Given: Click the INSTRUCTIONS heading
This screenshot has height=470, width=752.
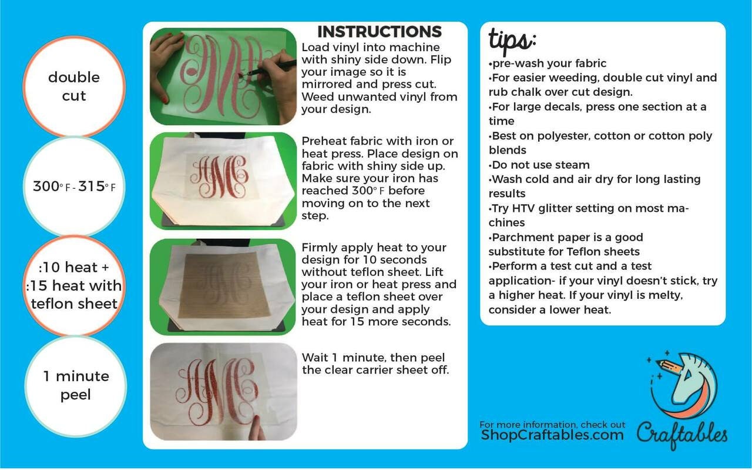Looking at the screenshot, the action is tap(380, 32).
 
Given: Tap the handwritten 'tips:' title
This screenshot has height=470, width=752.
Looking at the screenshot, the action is tap(512, 41).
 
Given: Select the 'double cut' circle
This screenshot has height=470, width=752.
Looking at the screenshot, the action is tap(74, 86).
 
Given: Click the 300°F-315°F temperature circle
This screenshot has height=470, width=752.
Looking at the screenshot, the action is tap(74, 186).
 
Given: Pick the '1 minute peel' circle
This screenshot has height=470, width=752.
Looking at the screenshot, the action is tap(76, 386).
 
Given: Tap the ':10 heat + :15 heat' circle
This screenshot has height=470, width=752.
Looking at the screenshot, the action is tap(74, 286).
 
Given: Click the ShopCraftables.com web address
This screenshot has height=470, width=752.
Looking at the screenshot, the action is tap(552, 434).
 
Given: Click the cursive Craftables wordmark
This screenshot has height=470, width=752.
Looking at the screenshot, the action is tap(682, 435).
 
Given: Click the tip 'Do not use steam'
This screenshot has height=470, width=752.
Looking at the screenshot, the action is tap(539, 165).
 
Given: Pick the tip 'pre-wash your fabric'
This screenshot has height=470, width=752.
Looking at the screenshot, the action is tap(548, 63).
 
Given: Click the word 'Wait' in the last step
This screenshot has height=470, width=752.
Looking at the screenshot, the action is tap(314, 358).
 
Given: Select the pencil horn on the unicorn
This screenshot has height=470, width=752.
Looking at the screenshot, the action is tap(671, 366).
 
